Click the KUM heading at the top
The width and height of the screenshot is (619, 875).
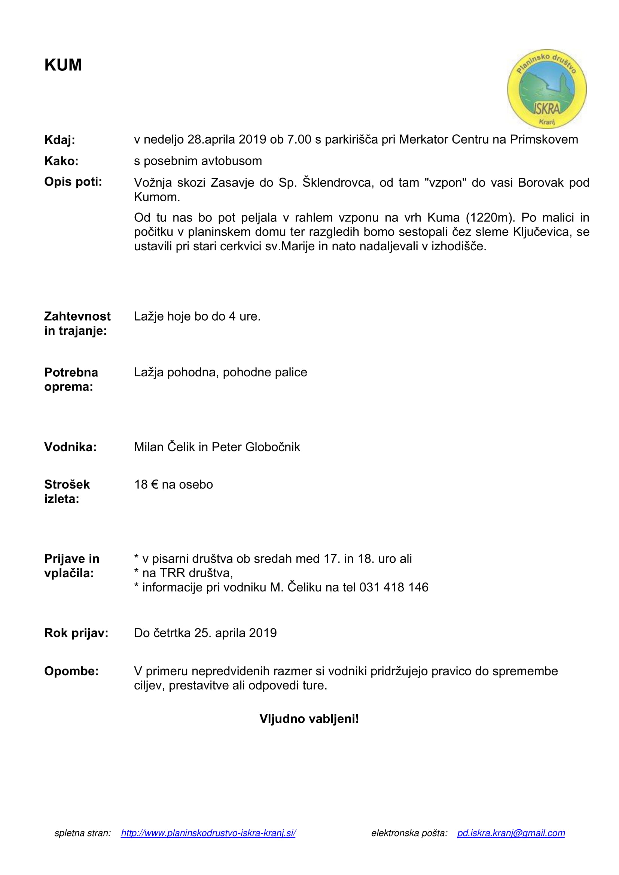63,65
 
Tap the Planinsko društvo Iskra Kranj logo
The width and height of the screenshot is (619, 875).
546,88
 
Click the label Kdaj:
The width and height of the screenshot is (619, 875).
60,140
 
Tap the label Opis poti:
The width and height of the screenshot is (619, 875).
73,182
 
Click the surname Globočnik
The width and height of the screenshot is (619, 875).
272,447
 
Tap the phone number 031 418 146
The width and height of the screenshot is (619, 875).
394,587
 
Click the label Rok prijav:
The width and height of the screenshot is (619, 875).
76,633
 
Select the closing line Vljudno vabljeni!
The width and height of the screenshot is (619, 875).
309,719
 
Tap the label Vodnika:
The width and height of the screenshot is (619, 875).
70,447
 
